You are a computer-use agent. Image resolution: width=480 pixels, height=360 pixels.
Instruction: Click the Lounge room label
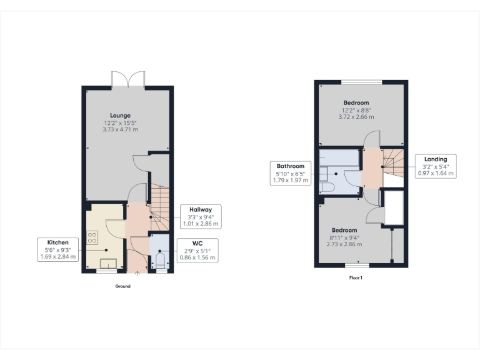120,116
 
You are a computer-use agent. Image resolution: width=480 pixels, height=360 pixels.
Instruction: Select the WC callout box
197,250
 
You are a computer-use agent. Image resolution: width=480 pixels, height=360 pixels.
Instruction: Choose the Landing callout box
436,166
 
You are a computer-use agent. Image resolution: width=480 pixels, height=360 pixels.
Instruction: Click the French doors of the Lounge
128,79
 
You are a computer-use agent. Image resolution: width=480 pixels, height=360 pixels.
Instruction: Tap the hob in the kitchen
92,237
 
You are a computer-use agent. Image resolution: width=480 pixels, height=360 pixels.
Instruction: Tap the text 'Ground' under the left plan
122,286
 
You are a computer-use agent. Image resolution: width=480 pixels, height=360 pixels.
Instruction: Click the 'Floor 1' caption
356,277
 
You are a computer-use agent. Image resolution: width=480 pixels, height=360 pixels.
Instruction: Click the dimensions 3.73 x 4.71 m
120,129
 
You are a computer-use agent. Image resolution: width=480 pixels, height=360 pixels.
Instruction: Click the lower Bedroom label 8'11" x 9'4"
344,237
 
